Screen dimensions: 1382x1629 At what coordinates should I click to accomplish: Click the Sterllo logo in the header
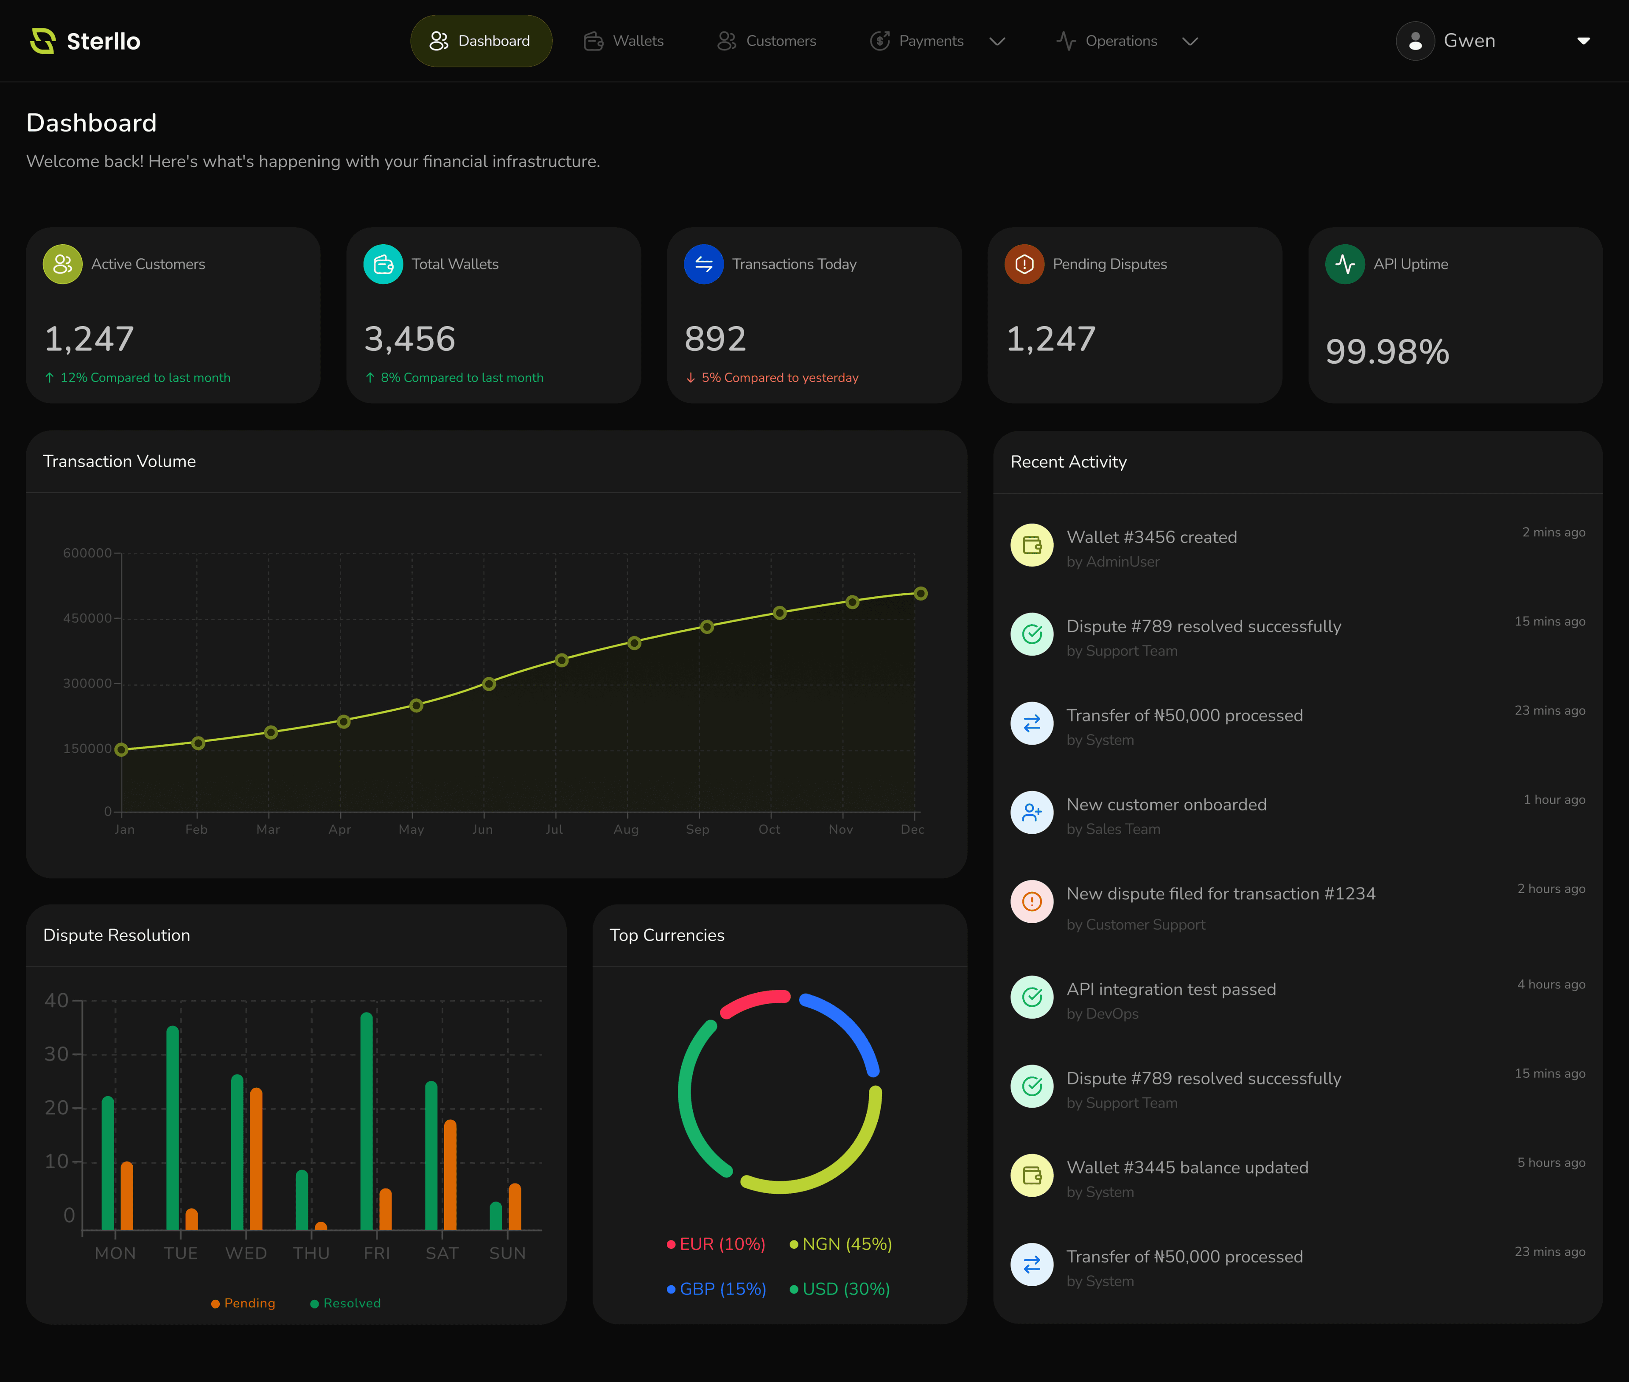click(x=84, y=41)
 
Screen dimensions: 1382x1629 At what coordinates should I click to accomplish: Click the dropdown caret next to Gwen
click(x=1583, y=41)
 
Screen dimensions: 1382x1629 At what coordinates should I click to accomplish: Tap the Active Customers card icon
click(x=63, y=264)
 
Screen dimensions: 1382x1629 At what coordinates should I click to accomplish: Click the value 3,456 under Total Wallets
click(x=410, y=338)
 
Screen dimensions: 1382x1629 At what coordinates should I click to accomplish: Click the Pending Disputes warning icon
click(x=1024, y=264)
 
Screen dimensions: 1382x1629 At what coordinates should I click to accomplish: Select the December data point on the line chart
click(x=921, y=594)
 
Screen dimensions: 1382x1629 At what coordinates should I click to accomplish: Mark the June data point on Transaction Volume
click(x=489, y=684)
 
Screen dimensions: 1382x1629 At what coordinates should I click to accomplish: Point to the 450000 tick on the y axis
click(x=88, y=618)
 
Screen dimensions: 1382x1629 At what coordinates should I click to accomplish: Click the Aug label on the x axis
click(x=626, y=829)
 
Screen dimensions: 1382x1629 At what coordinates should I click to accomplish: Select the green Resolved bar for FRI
click(x=366, y=1120)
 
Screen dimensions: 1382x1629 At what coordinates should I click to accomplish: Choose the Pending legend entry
click(x=244, y=1303)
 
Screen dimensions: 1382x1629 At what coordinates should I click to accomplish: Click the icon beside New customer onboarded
click(x=1032, y=812)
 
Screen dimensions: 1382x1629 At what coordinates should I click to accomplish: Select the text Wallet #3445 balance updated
click(x=1187, y=1167)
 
